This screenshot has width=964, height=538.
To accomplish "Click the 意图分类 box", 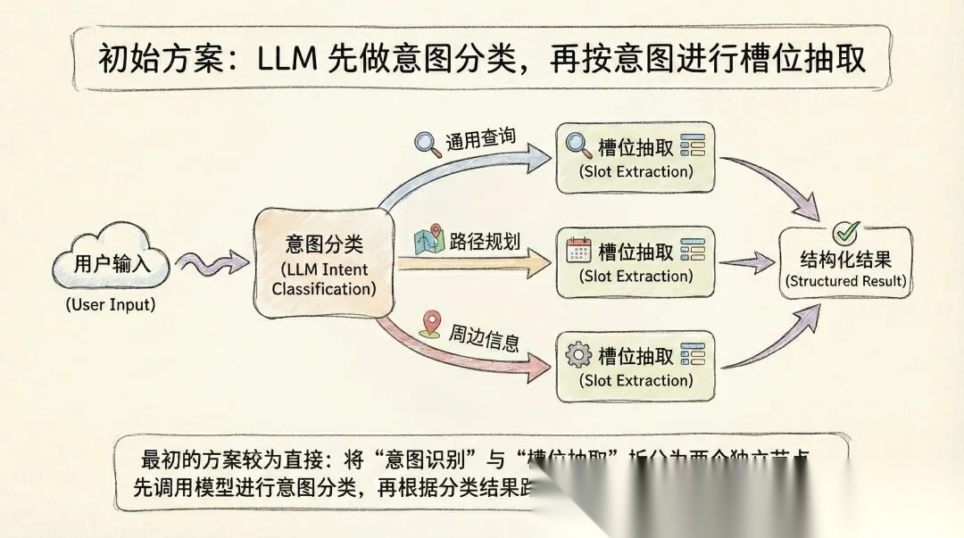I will [x=324, y=264].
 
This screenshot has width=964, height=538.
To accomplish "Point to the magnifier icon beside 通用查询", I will [x=427, y=144].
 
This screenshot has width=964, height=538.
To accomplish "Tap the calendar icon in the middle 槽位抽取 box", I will [x=579, y=252].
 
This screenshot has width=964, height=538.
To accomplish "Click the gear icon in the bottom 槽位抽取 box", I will [x=579, y=356].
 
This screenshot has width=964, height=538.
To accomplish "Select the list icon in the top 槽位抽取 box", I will [x=692, y=146].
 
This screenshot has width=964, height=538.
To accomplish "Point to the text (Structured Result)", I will [x=846, y=281].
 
